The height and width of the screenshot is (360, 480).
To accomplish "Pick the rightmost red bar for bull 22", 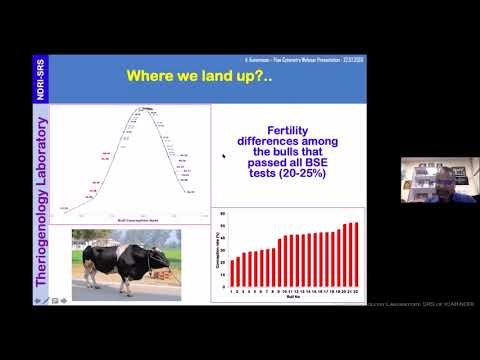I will pyautogui.click(x=355, y=251).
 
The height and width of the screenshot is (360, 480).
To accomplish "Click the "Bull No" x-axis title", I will pyautogui.click(x=292, y=297).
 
